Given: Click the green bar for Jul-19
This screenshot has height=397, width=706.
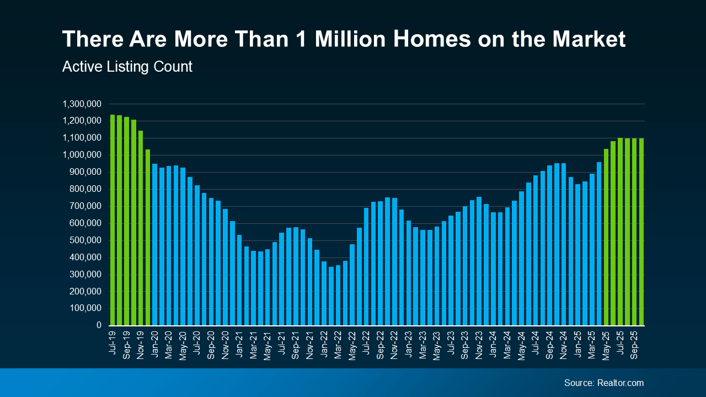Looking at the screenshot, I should tap(113, 220).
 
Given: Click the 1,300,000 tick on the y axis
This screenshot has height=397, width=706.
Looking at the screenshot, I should tap(82, 104).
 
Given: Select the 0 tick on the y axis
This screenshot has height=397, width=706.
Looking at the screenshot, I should tap(99, 325).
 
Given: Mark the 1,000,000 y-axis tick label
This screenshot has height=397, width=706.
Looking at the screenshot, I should tap(82, 155).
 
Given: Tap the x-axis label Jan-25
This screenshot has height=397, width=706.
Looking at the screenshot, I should tap(578, 345).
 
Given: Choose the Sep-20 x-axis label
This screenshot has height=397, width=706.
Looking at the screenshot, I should tap(211, 345).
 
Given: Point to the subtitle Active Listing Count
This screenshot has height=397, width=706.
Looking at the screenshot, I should tap(127, 67).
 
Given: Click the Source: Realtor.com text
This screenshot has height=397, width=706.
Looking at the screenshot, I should tap(603, 383).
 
